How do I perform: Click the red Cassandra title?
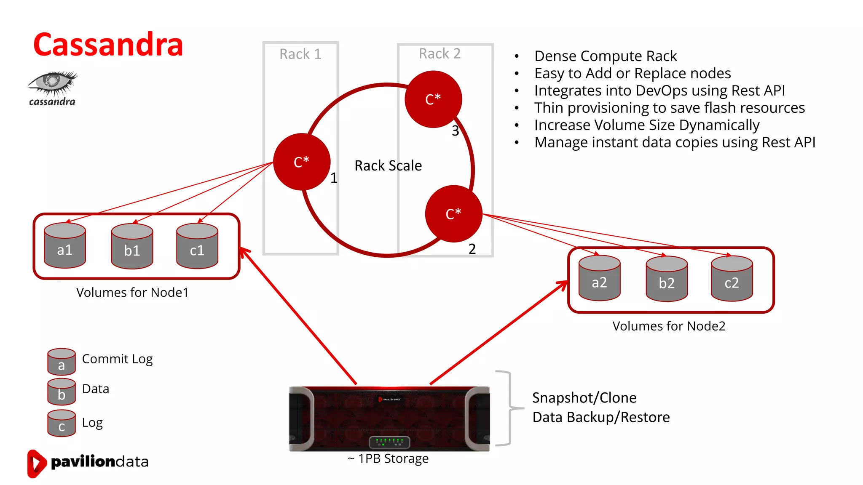[x=108, y=45]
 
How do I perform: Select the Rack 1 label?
[x=300, y=54]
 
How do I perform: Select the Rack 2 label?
[x=440, y=53]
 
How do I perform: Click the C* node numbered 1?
[x=302, y=162]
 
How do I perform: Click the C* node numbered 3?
[x=433, y=99]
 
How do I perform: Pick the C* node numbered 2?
[x=453, y=214]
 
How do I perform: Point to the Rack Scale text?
[x=388, y=165]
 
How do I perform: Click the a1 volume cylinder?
[x=65, y=246]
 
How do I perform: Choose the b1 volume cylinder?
[x=132, y=247]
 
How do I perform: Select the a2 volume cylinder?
[x=599, y=278]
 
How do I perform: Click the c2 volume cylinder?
[x=732, y=279]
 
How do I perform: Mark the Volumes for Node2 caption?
[x=669, y=326]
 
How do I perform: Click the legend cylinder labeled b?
[x=62, y=392]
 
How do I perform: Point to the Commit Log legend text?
[x=117, y=359]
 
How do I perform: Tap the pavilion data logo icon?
[x=36, y=463]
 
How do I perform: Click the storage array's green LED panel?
[x=389, y=442]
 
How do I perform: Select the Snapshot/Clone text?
[x=584, y=397]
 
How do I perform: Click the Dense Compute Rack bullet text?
[x=605, y=56]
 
